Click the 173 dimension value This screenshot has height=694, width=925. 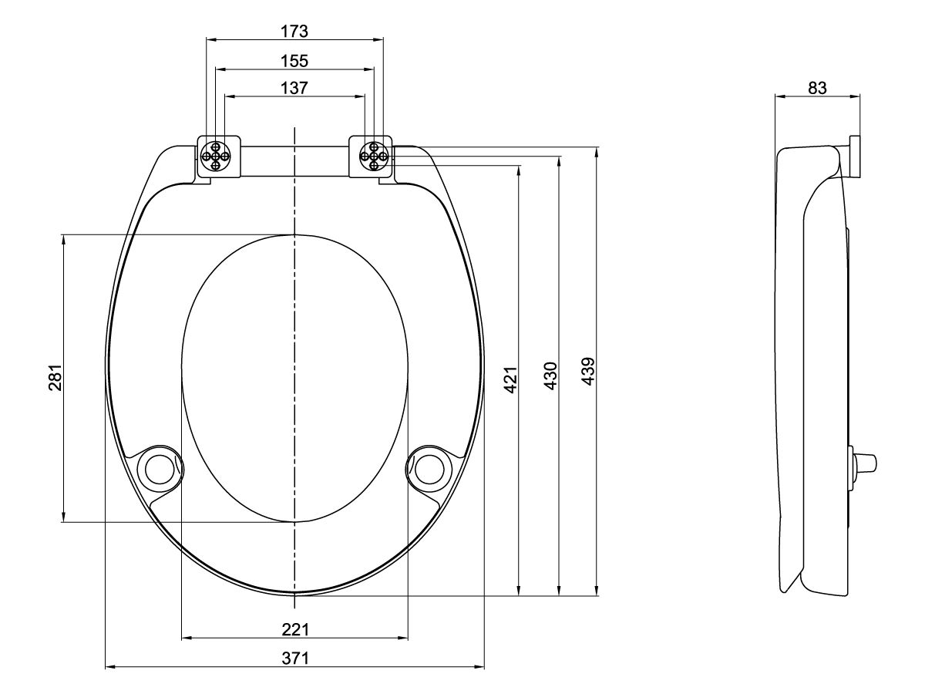(294, 32)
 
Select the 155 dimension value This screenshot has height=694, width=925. (294, 60)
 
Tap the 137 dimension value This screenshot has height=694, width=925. (294, 88)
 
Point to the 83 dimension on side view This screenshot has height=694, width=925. (817, 88)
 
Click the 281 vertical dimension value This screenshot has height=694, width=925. (55, 377)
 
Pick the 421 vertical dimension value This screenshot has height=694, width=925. (510, 377)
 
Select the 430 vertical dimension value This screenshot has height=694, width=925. (550, 376)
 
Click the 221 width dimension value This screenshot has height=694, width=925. (294, 629)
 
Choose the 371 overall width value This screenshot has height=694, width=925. (294, 658)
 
